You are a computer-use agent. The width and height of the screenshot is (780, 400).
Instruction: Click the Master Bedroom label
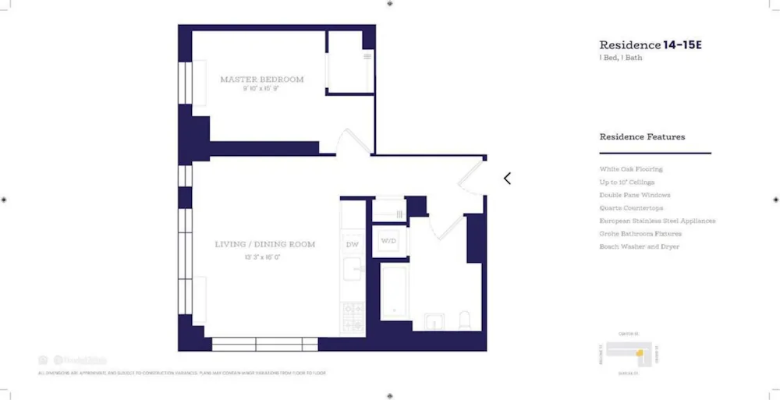pos(261,80)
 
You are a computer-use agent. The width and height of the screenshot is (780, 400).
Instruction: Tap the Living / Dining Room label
pos(265,244)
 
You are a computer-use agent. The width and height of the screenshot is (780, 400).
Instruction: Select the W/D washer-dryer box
pos(388,242)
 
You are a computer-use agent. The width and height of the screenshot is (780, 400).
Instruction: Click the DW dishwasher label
pos(353,244)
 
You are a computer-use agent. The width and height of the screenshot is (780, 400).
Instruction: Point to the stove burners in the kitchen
pos(353,313)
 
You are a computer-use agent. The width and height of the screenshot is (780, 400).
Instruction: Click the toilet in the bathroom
pos(466,320)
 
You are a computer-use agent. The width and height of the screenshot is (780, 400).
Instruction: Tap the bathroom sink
pos(434,321)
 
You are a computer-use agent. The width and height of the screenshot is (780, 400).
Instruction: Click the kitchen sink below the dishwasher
pos(353,271)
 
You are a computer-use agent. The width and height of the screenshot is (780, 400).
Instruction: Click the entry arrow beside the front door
pos(507,179)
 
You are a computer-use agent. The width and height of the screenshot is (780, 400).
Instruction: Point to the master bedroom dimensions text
pos(261,89)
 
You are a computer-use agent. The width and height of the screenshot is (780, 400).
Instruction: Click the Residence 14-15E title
pos(651,45)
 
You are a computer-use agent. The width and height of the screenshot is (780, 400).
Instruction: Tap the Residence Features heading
pos(642,137)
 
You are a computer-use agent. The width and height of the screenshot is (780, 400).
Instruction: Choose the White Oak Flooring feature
pos(631,169)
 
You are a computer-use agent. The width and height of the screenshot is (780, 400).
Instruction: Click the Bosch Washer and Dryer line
pos(640,247)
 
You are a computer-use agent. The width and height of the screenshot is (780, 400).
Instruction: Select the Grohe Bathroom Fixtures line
pos(640,234)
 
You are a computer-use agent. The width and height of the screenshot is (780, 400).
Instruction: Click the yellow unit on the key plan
pos(638,353)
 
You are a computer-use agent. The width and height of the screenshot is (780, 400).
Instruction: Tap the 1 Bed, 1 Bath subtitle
pos(622,58)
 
